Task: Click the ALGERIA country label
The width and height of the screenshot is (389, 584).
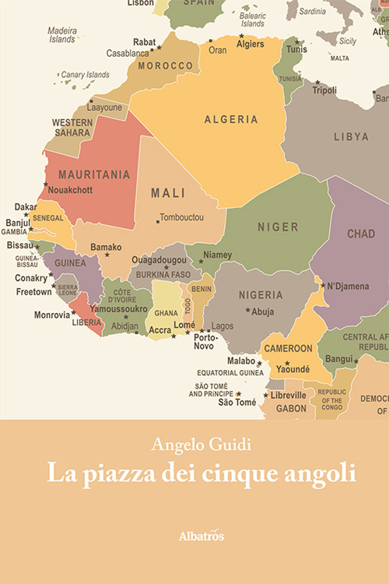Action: [x=231, y=119]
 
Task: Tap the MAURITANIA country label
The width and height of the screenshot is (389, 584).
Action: [x=94, y=174]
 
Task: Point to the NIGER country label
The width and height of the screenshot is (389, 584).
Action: [x=278, y=227]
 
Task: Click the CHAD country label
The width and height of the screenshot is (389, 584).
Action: [x=360, y=234]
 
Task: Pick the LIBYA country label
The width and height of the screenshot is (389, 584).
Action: [x=351, y=136]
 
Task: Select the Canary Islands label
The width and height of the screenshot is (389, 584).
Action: [x=86, y=75]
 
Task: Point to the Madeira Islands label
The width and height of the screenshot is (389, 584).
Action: [x=62, y=35]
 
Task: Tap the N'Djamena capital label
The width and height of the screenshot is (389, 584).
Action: [x=349, y=286]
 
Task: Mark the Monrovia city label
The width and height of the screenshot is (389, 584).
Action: [x=52, y=315]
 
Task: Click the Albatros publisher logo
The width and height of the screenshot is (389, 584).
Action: [x=194, y=537]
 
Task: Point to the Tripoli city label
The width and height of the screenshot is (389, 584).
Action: [x=324, y=90]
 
